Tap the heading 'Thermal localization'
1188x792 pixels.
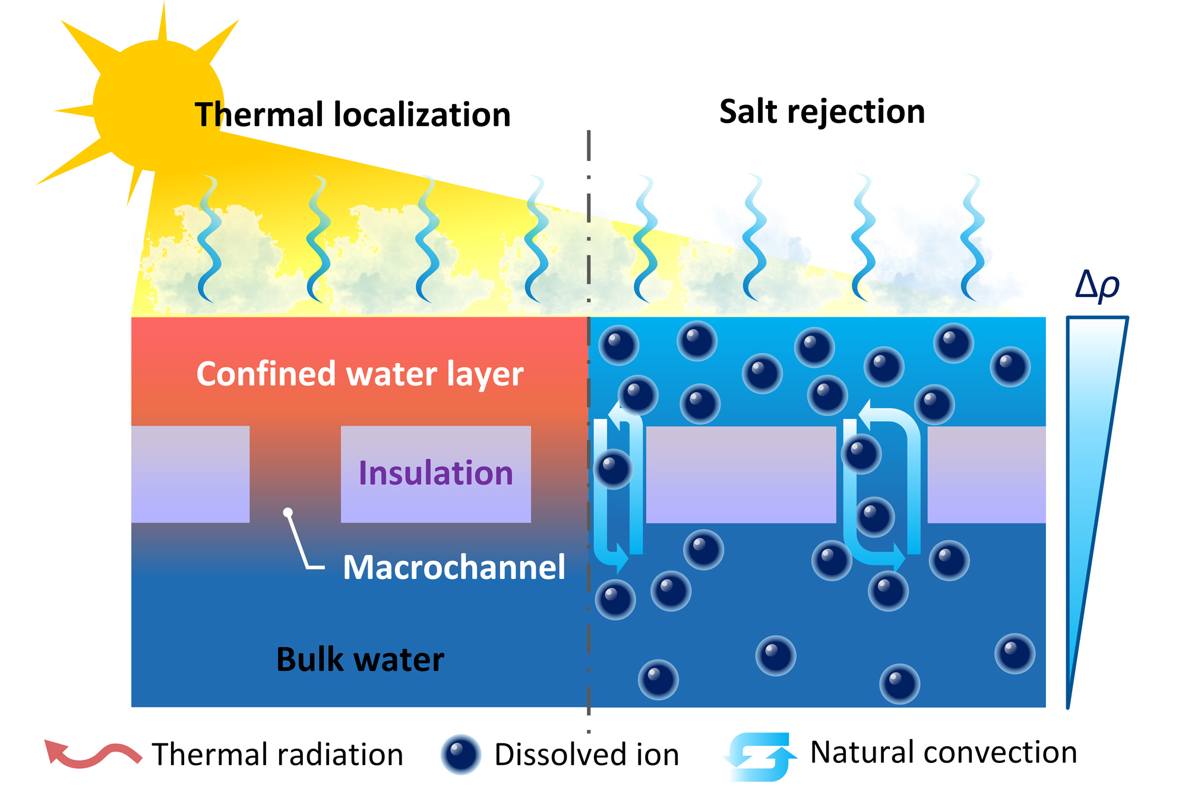[x=352, y=115]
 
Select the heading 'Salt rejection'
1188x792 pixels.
[x=822, y=112]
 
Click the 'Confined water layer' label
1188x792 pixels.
[x=359, y=374]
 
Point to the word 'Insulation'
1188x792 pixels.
[x=435, y=474]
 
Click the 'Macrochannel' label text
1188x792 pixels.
[x=454, y=567]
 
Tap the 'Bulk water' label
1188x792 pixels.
[x=360, y=660]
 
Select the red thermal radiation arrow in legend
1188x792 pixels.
[x=92, y=753]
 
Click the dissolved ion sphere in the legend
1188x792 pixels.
[x=460, y=755]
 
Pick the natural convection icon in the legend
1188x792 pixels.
[x=760, y=756]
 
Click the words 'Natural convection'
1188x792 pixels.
[x=943, y=752]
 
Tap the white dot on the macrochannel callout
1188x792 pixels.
[x=288, y=512]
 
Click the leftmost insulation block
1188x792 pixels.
[x=190, y=474]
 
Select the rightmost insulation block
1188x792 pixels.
[x=986, y=474]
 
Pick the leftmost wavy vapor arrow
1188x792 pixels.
[x=208, y=238]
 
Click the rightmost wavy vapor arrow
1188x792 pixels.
[x=972, y=238]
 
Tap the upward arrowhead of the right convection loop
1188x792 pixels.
[x=867, y=414]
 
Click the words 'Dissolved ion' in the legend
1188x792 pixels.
[x=586, y=755]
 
